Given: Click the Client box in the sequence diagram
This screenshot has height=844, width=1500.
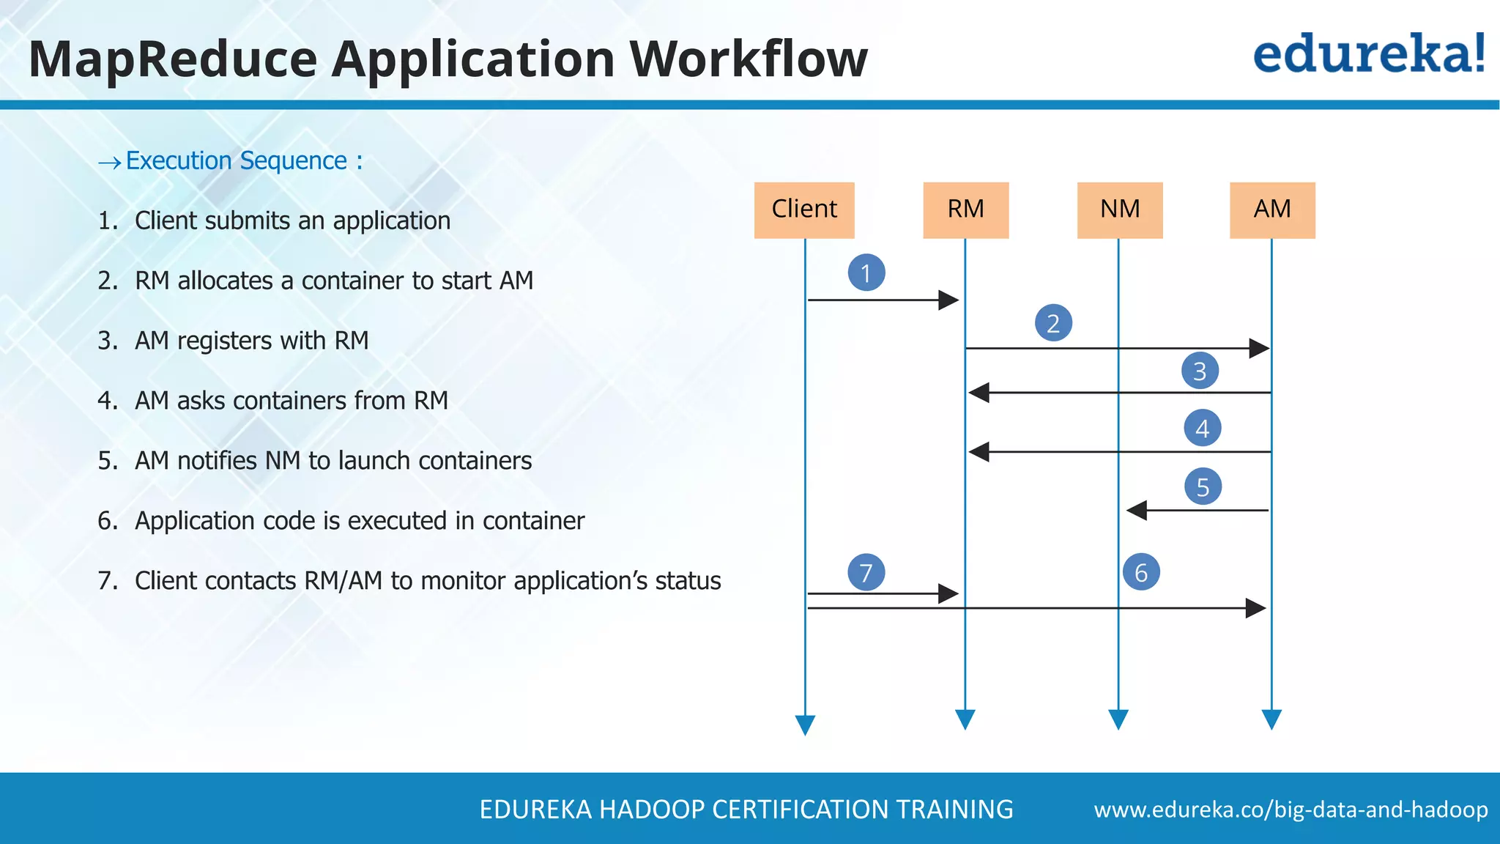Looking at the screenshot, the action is [804, 210].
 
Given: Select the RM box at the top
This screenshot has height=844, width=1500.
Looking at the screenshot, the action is [965, 210].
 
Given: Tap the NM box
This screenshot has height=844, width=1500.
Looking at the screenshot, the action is [1119, 210].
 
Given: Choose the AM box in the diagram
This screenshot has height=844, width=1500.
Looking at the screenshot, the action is [1272, 210].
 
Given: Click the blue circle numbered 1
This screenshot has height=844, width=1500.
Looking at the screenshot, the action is [866, 273].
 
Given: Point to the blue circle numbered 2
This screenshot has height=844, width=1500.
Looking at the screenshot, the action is [1053, 323].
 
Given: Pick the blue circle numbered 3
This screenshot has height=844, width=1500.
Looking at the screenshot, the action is [1200, 371].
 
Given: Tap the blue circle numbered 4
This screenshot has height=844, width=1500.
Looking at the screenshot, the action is [1202, 428].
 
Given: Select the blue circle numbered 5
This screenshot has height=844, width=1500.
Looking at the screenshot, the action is [1203, 486].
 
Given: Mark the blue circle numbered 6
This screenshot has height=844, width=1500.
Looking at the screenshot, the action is [1141, 572].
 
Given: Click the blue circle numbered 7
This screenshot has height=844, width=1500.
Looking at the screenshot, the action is [866, 572].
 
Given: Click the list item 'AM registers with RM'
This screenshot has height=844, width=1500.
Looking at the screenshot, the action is [251, 341].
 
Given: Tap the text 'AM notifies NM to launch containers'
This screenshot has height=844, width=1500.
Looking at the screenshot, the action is [333, 461].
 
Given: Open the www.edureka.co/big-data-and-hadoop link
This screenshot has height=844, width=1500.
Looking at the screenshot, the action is [1291, 810].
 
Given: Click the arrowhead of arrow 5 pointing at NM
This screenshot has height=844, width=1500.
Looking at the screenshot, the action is [1137, 510].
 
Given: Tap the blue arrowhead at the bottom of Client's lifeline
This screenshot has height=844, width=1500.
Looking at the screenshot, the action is [805, 725].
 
